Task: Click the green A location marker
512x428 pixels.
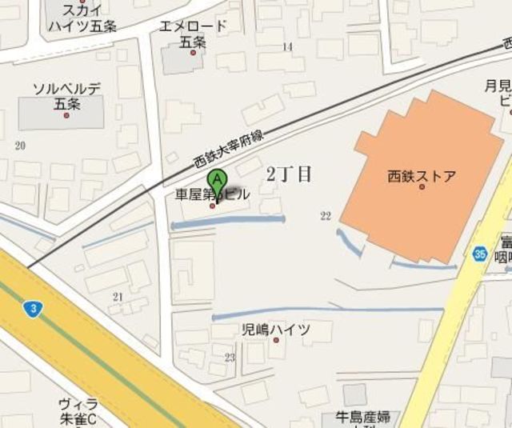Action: tap(216, 182)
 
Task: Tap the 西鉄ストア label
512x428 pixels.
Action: tap(421, 175)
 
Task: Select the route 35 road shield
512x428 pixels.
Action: tap(479, 254)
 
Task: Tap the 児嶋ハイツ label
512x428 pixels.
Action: tap(275, 329)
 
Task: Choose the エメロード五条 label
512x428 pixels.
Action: tap(193, 34)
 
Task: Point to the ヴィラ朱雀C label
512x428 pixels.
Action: tap(78, 411)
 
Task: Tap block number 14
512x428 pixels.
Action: tap(287, 47)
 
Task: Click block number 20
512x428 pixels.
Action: tap(20, 145)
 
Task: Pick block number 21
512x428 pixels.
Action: tap(119, 297)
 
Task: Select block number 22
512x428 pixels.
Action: tap(325, 215)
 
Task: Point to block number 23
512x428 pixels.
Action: tap(230, 357)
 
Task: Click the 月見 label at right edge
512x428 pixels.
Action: tap(498, 86)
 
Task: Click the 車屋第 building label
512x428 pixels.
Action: tap(194, 194)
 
